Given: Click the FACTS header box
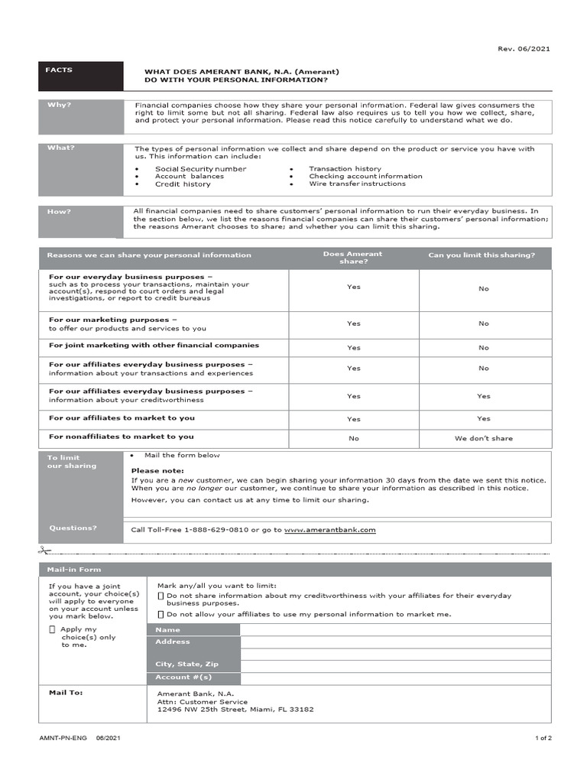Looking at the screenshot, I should (x=79, y=75).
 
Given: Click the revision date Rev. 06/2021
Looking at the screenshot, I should (x=524, y=49).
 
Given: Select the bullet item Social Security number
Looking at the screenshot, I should (x=200, y=169).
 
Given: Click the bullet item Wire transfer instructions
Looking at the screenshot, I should (x=357, y=184).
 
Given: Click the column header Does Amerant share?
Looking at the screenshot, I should (x=353, y=258).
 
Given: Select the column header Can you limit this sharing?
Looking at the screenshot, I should (x=482, y=255).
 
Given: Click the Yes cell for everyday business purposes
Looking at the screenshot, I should (x=353, y=287).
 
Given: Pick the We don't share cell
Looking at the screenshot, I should (x=483, y=438).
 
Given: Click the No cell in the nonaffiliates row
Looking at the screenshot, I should (x=353, y=438).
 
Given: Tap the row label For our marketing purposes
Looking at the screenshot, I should (x=113, y=320).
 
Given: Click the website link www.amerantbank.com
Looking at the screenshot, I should (x=329, y=529).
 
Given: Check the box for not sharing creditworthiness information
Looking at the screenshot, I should (x=161, y=596).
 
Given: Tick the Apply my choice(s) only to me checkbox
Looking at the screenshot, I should (x=52, y=629).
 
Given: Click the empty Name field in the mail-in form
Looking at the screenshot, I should (x=394, y=630).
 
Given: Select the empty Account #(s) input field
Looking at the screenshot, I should (x=394, y=677).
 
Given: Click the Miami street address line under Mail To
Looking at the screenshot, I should (x=235, y=710).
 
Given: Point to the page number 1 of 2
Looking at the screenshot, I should (x=543, y=738).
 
